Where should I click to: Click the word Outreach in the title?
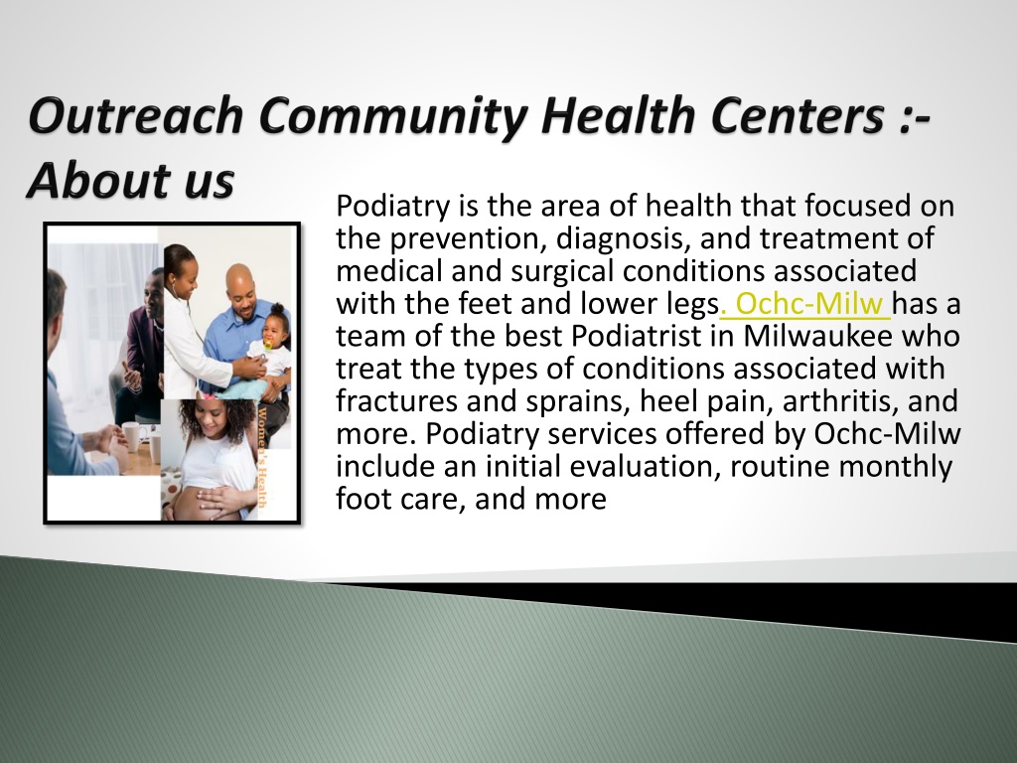click(135, 115)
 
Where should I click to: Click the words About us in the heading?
click(130, 180)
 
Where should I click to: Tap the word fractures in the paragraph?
click(396, 400)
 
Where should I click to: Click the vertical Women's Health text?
click(262, 457)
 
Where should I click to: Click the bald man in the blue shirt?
click(243, 325)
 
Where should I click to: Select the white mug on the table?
click(132, 436)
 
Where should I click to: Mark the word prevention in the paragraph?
click(463, 238)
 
